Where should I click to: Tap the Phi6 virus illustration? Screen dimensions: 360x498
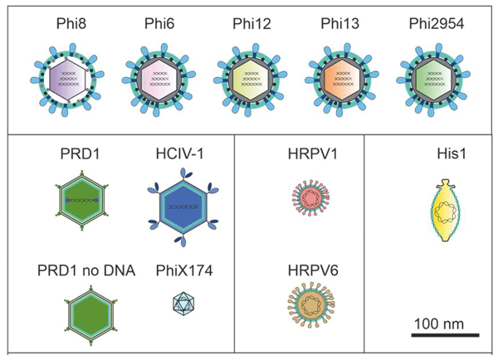[x=155, y=78]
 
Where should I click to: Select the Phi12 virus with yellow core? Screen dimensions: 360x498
[x=246, y=78]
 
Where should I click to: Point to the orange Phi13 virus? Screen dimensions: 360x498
[x=338, y=78]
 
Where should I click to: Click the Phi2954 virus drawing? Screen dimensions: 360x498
[x=428, y=78]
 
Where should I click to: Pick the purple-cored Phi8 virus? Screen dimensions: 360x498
[x=63, y=78]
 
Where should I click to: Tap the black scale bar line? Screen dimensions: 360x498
[x=445, y=335]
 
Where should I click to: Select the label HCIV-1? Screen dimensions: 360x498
[x=176, y=155]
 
